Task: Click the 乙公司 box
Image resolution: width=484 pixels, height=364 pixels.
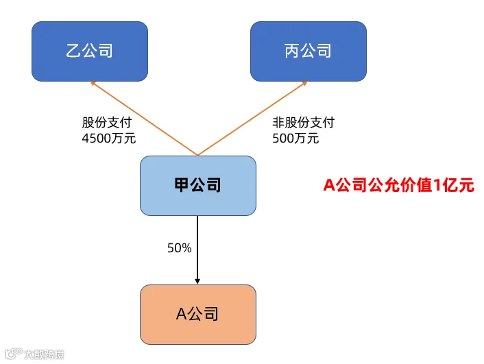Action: [90, 51]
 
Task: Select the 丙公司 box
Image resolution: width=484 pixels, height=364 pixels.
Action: [308, 51]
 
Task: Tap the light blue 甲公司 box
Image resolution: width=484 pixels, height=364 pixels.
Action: [198, 186]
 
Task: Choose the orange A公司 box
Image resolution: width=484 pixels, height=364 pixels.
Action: [198, 314]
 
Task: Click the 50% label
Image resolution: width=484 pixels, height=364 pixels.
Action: [180, 248]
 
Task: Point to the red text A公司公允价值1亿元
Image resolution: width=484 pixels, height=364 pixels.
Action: [398, 185]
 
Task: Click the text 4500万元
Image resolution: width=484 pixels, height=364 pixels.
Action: [108, 138]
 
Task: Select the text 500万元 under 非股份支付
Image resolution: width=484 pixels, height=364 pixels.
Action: [295, 138]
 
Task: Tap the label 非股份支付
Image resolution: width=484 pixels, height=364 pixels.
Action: [304, 123]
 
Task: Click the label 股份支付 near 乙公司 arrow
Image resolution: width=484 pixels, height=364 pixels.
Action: [107, 123]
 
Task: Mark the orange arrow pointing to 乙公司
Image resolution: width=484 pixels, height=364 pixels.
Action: [144, 118]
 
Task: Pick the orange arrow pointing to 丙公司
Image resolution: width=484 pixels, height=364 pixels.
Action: [252, 118]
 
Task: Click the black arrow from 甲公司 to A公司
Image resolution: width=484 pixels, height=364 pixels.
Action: [197, 250]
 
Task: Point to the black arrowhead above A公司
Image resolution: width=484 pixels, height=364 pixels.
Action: [197, 281]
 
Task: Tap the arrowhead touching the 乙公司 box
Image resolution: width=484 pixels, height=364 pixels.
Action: [93, 83]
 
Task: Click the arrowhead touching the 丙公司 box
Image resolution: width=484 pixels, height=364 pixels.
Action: [304, 83]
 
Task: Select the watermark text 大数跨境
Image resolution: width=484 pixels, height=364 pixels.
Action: [44, 354]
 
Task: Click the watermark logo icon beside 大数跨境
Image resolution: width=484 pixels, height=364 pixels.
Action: [14, 354]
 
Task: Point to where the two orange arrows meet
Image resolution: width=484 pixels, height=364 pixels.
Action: [197, 156]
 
